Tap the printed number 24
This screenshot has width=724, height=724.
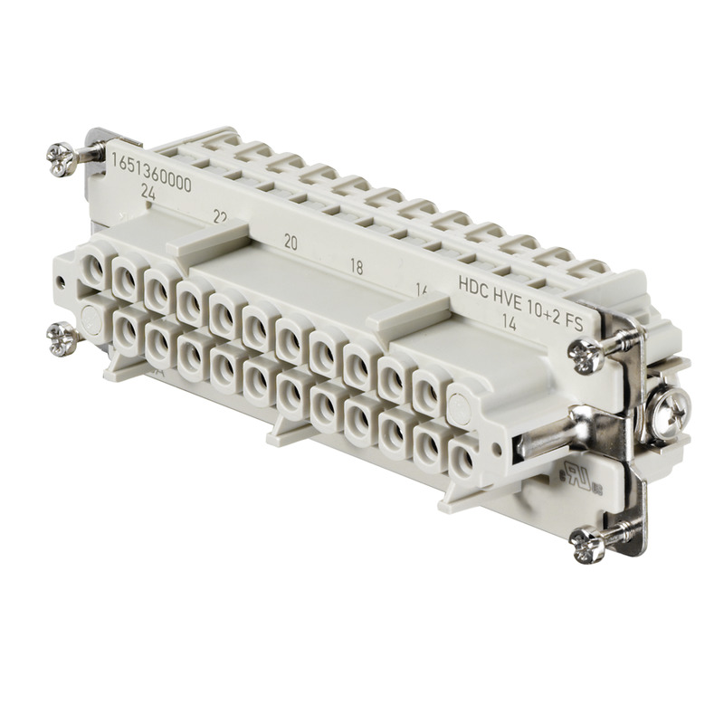pyautogui.click(x=148, y=194)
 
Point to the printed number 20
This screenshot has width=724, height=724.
pyautogui.click(x=291, y=242)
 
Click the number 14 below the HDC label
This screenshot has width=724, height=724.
pyautogui.click(x=509, y=325)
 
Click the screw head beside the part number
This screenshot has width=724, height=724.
pyautogui.click(x=62, y=160)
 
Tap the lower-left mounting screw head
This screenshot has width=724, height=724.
pyautogui.click(x=63, y=339)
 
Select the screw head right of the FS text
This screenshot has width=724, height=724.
pyautogui.click(x=587, y=356)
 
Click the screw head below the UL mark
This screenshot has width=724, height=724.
pyautogui.click(x=587, y=544)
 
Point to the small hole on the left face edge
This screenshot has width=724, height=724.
pyautogui.click(x=61, y=281)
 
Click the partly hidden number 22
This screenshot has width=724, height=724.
pyautogui.click(x=219, y=217)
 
